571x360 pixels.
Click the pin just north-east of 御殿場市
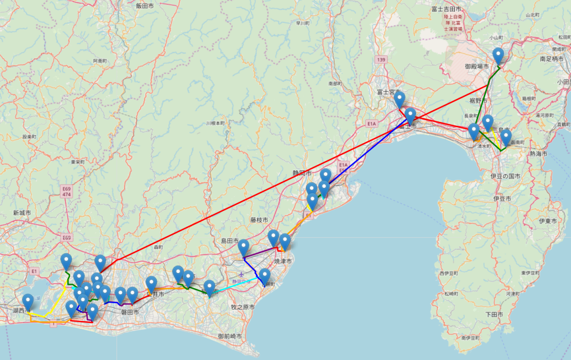point(498,56)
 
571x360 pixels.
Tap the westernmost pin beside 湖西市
point(28,301)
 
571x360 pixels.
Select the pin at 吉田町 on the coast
point(264,276)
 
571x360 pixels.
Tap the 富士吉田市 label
point(446,9)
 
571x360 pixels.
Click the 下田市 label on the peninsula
point(494,314)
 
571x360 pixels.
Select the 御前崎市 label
point(229,336)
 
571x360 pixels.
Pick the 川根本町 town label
point(215,123)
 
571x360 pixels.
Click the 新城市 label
point(22,212)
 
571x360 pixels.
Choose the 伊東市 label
point(548,221)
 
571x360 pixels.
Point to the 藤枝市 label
point(259,220)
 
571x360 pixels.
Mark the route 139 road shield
point(381,59)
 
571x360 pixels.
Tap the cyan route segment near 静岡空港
point(237,284)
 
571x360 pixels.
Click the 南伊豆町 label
point(470,337)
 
